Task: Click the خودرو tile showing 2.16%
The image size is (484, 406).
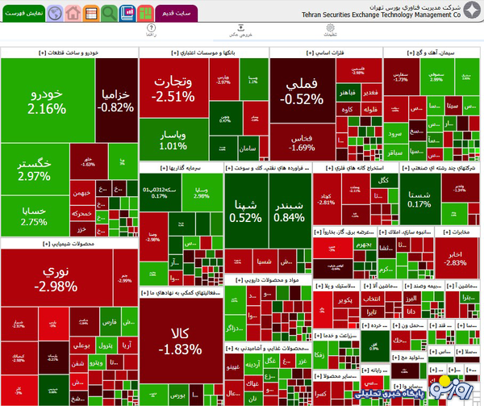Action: (x=47, y=100)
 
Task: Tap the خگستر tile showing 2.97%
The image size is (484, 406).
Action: (x=34, y=169)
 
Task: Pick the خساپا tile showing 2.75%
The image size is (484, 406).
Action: (x=34, y=216)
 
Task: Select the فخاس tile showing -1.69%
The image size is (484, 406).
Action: (x=301, y=142)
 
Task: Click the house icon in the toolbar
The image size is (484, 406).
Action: (x=73, y=13)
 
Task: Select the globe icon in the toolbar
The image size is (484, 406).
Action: (x=54, y=13)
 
